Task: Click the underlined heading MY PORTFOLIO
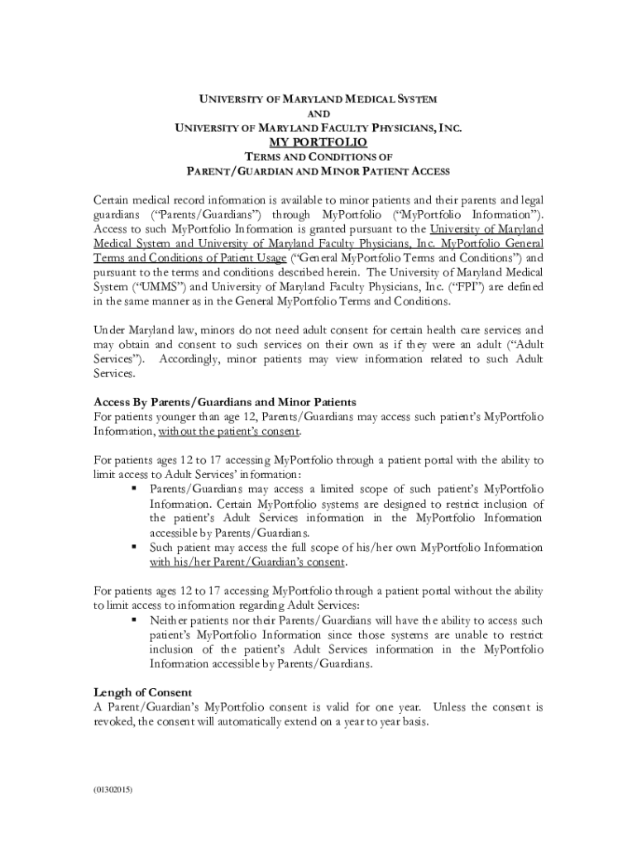coord(318,142)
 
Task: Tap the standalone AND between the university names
coord(318,113)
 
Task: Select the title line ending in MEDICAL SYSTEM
coord(318,99)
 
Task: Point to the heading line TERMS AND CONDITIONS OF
coord(318,157)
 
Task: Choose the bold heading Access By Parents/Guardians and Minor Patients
coord(225,402)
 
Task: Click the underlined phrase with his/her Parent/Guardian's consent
coord(248,562)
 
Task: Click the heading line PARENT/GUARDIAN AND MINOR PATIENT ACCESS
coord(318,171)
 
